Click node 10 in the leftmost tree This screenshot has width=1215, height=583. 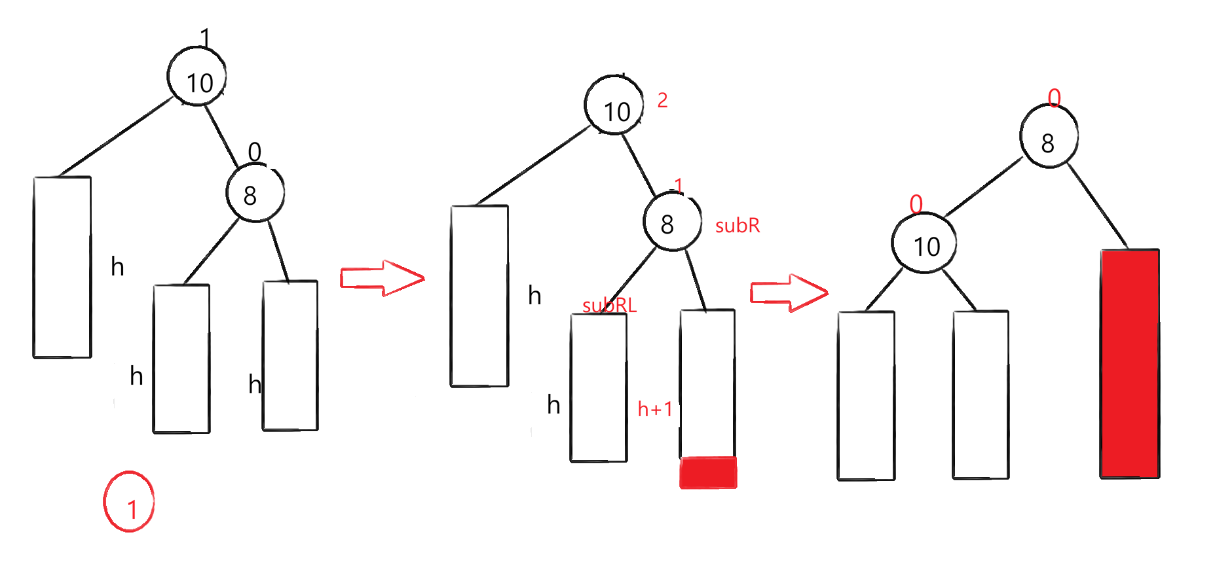coord(197,77)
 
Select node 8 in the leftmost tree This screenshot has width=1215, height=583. coord(255,194)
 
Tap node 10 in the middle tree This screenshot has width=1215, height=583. coord(614,105)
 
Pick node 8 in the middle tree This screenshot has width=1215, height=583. coord(672,222)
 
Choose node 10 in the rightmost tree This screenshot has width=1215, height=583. coord(924,243)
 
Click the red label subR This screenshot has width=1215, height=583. coord(737,226)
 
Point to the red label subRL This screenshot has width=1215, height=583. coord(609,306)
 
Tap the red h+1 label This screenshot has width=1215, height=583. coord(655,410)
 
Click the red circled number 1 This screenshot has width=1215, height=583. coord(129,502)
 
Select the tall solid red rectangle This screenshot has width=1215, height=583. coord(1130,363)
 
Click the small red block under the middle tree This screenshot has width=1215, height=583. coord(708,472)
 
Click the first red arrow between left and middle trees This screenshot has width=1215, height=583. coord(383,277)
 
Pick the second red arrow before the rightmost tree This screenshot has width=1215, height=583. coord(789,292)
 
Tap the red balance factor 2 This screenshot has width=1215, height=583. coord(662,101)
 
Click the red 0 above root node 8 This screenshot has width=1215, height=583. coord(1054,98)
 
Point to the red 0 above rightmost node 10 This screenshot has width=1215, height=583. coord(916,204)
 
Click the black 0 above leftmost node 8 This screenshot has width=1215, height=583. coord(255,152)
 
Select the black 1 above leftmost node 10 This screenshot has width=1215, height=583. coord(205,37)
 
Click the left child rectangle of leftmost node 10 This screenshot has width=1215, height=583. coord(62,267)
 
